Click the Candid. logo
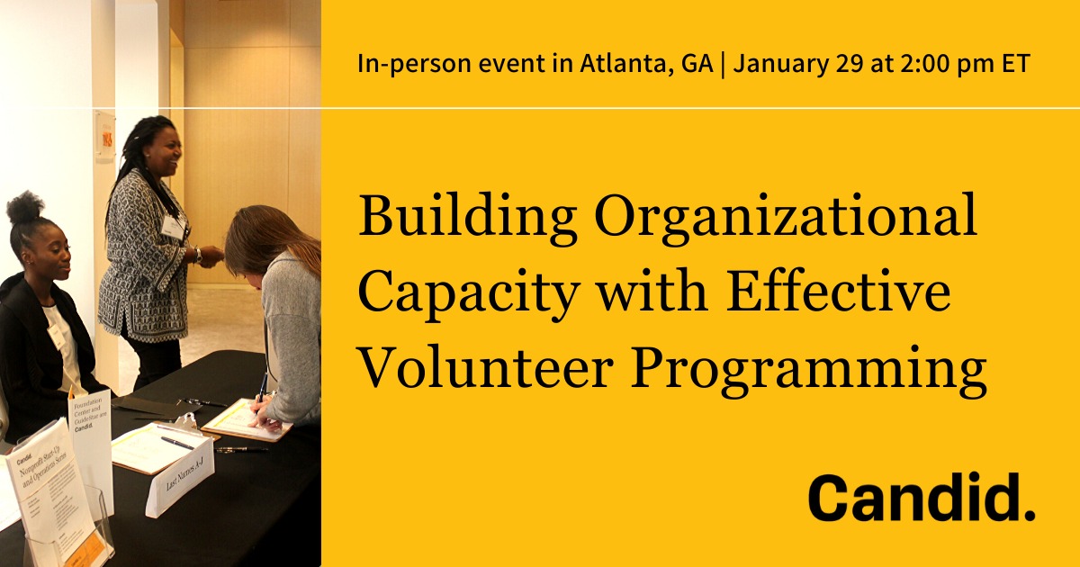[921, 498]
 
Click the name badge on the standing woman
[172, 226]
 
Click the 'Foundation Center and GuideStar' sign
[91, 432]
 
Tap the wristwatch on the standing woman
[197, 256]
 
